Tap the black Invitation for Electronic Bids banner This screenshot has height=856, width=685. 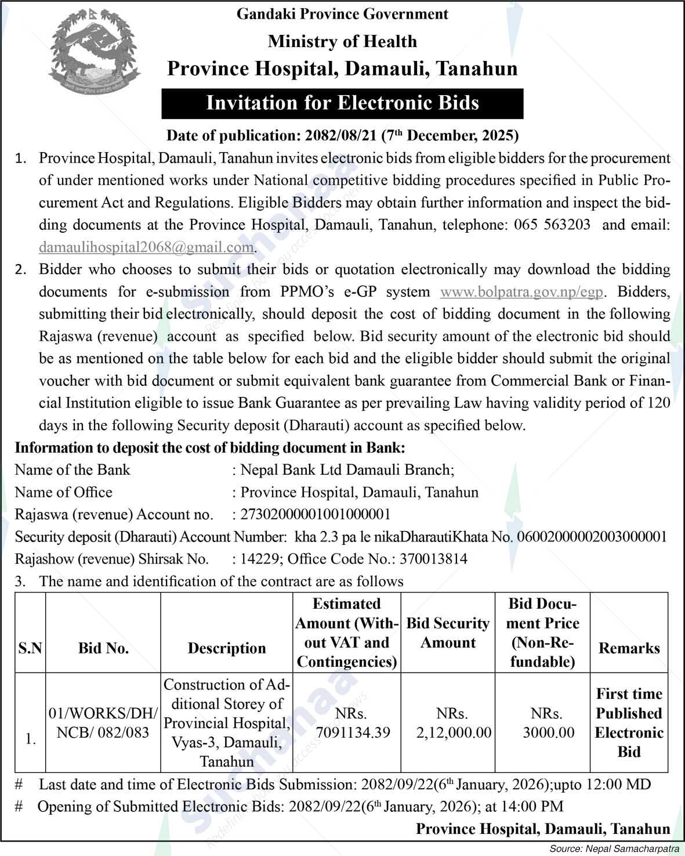(342, 103)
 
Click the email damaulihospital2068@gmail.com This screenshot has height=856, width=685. (146, 247)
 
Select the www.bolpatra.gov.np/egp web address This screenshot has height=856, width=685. (523, 292)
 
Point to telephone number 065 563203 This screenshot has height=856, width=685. (552, 225)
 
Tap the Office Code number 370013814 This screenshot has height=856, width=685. (429, 559)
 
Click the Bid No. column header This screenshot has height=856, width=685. (103, 648)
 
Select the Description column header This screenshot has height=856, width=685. (227, 648)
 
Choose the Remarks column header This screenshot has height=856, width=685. (629, 648)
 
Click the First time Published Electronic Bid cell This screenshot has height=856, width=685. (629, 723)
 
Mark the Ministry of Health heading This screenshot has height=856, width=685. (342, 41)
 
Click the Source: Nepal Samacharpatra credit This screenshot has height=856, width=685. (617, 849)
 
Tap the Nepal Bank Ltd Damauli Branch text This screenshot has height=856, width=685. (347, 469)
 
